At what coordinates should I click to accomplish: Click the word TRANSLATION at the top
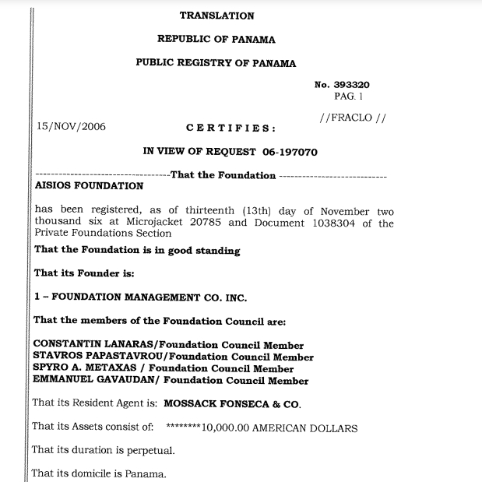[216, 16]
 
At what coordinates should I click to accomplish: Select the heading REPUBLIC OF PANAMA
[216, 39]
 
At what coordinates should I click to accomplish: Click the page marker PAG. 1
[349, 97]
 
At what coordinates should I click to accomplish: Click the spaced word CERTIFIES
[230, 128]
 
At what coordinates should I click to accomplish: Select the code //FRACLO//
[353, 118]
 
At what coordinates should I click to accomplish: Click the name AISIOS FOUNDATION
[90, 186]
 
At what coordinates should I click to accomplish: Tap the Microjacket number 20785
[208, 223]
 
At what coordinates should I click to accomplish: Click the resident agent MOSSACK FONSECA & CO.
[231, 404]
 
